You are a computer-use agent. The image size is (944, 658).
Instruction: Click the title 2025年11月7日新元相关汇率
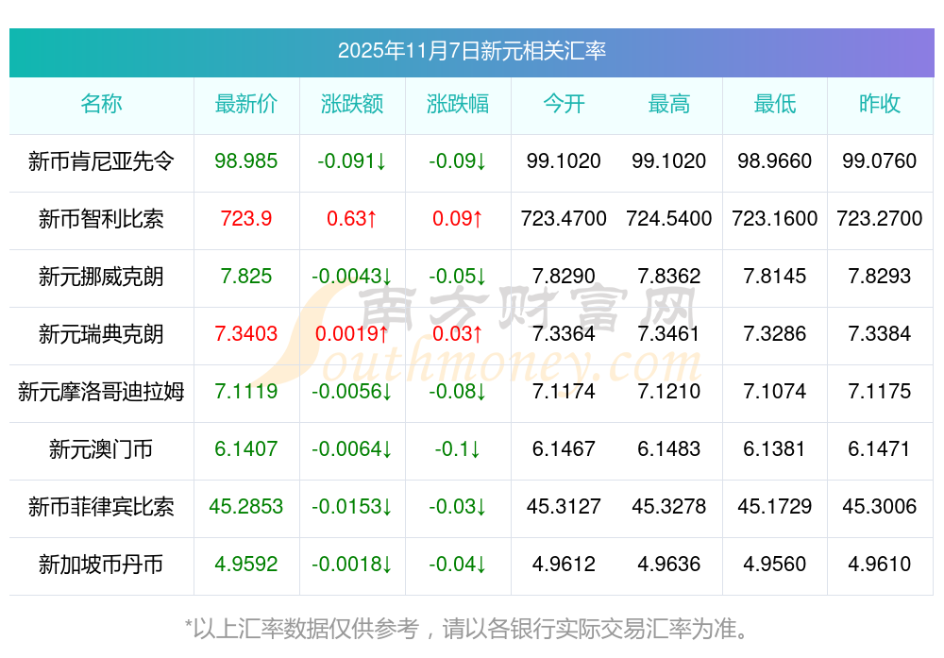[x=472, y=51]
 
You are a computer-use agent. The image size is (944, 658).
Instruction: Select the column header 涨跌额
[x=352, y=104]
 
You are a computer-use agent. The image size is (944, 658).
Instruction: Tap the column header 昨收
[x=880, y=104]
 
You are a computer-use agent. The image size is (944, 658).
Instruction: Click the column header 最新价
[x=246, y=104]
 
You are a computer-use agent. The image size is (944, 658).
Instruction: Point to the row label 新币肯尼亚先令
[x=101, y=161]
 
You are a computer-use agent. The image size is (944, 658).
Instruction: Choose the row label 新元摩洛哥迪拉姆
[x=101, y=392]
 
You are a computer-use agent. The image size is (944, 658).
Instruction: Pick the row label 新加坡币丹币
[x=101, y=565]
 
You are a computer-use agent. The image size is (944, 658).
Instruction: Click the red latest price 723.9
[x=246, y=219]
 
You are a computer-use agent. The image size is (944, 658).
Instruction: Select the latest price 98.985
[x=246, y=161]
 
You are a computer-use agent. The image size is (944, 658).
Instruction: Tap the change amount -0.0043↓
[x=352, y=277]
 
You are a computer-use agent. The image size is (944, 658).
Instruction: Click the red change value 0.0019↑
[x=352, y=334]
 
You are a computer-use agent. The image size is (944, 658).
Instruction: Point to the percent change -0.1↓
[x=458, y=449]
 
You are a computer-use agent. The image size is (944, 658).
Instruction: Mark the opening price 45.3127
[x=564, y=507]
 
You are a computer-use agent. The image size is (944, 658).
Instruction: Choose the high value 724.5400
[x=669, y=219]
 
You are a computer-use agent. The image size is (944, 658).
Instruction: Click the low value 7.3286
[x=775, y=334]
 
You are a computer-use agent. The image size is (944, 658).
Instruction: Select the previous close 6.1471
[x=880, y=449]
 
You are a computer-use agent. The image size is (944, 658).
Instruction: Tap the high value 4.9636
[x=669, y=565]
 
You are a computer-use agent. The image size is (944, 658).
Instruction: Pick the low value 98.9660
[x=775, y=161]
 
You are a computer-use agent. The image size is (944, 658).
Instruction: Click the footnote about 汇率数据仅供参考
[x=472, y=628]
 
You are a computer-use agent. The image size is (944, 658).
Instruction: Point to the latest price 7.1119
[x=246, y=392]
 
